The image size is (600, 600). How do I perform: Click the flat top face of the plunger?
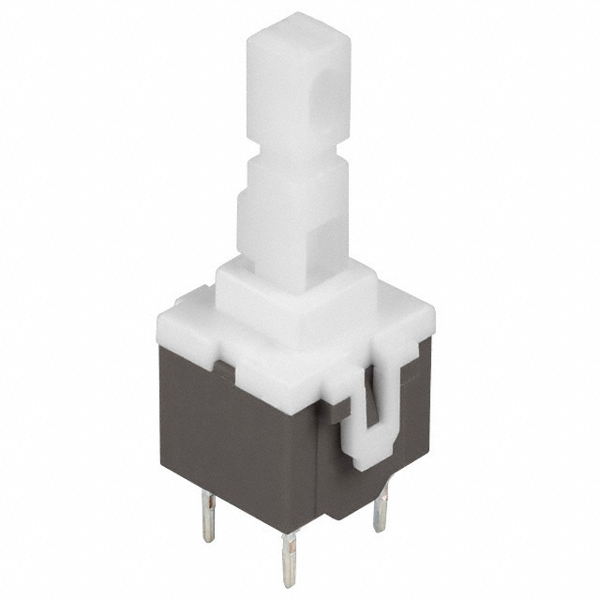click(298, 27)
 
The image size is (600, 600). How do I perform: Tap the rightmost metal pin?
click(380, 511)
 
